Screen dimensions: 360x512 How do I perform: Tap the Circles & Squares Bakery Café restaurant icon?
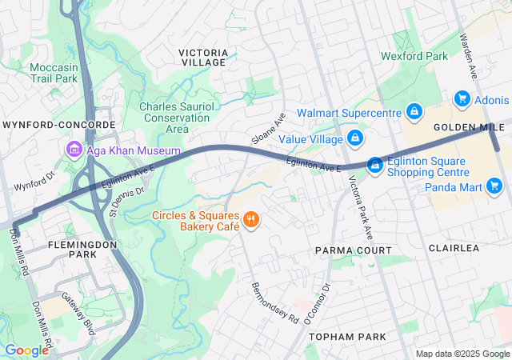coord(251,219)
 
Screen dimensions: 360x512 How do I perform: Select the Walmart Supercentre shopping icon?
coord(414,111)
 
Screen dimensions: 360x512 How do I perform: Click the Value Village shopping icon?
coord(355,139)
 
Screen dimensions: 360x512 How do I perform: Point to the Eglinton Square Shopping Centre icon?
coord(374,165)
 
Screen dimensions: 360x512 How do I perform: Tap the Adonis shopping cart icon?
coord(462,99)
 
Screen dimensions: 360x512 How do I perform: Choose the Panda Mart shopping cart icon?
coord(494,186)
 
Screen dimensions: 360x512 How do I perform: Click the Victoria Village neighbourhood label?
coord(203,58)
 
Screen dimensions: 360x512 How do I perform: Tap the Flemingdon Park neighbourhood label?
coord(60,249)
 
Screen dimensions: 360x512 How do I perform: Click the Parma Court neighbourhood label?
coord(353,250)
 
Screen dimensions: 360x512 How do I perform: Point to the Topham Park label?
coord(348,337)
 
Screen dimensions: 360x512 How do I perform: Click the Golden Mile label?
coord(469,128)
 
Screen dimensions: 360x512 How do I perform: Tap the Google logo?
coord(26,350)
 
